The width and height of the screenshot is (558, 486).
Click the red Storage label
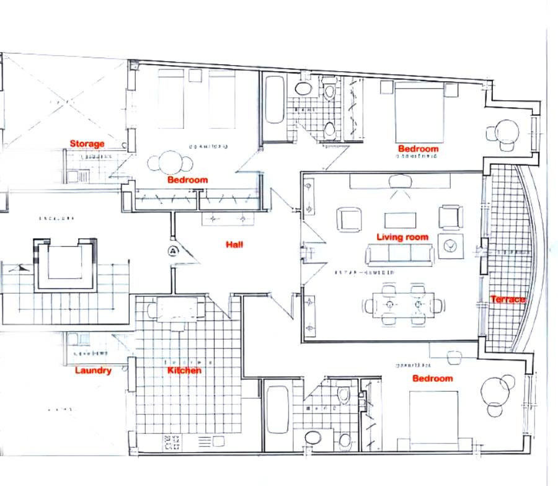coord(87,144)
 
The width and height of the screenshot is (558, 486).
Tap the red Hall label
coord(234,244)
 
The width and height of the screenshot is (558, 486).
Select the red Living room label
coord(402,237)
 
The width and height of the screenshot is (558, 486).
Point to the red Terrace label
coord(508,299)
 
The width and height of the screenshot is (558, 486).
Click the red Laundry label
coord(93,371)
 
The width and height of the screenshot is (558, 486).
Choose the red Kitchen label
coord(184,370)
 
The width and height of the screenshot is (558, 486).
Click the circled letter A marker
coord(172,250)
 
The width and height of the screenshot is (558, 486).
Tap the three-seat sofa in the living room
coord(400,254)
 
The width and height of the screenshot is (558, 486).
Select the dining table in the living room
coord(404,305)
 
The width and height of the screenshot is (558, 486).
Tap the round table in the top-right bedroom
coord(507,132)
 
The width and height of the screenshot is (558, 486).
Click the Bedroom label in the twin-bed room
coord(187,180)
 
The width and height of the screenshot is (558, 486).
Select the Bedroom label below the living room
coord(433,378)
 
